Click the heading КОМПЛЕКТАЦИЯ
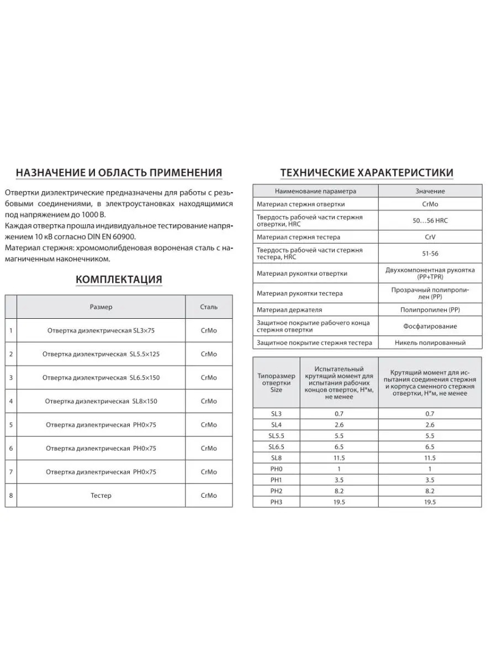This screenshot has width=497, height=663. (119, 280)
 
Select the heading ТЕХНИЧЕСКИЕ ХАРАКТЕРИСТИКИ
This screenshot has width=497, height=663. (367, 173)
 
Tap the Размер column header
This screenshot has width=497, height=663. (101, 307)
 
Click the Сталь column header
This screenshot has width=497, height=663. (209, 307)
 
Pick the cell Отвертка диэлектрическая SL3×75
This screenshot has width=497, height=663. (101, 331)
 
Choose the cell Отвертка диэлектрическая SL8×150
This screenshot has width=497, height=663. (101, 401)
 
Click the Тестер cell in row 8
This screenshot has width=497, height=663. (101, 496)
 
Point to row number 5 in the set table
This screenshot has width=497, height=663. (11, 425)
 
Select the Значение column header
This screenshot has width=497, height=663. (430, 191)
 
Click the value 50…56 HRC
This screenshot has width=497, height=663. (430, 220)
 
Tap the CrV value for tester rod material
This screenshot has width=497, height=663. (430, 237)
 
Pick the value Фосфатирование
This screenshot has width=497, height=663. (430, 326)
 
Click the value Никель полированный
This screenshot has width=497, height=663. (430, 343)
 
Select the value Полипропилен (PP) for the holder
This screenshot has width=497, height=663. (430, 310)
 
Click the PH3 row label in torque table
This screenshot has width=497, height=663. (276, 502)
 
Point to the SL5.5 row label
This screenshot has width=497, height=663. (276, 436)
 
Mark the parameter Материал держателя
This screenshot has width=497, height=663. (289, 310)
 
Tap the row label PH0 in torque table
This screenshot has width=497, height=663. (276, 469)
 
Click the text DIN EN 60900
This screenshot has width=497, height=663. (110, 236)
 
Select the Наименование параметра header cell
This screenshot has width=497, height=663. (315, 191)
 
